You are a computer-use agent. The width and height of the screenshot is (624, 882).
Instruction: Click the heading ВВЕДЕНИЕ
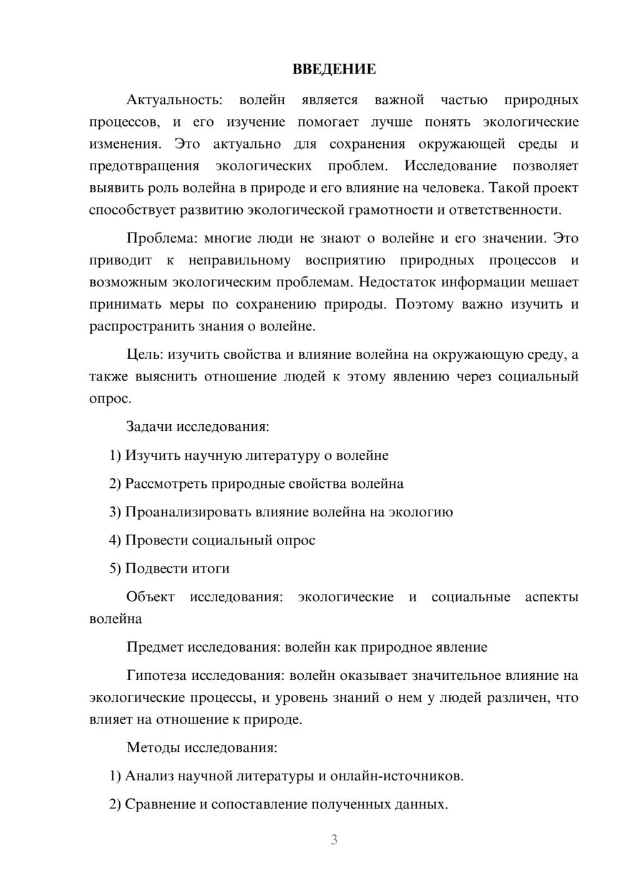[x=334, y=69]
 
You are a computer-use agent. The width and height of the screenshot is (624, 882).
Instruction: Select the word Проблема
[x=162, y=238]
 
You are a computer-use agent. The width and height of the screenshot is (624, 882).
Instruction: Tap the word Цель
[x=145, y=355]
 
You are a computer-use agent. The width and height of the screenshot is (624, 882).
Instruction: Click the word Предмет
[x=155, y=647]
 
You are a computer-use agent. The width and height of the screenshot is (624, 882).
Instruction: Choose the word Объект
[x=150, y=597]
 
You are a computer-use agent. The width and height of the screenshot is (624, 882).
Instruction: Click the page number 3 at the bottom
[x=334, y=840]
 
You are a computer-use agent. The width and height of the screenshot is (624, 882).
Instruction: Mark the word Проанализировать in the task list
[x=188, y=512]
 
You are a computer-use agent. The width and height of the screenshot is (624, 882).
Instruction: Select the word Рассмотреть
[x=166, y=483]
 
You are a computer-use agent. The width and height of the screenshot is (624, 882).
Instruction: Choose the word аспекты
[x=552, y=597]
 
